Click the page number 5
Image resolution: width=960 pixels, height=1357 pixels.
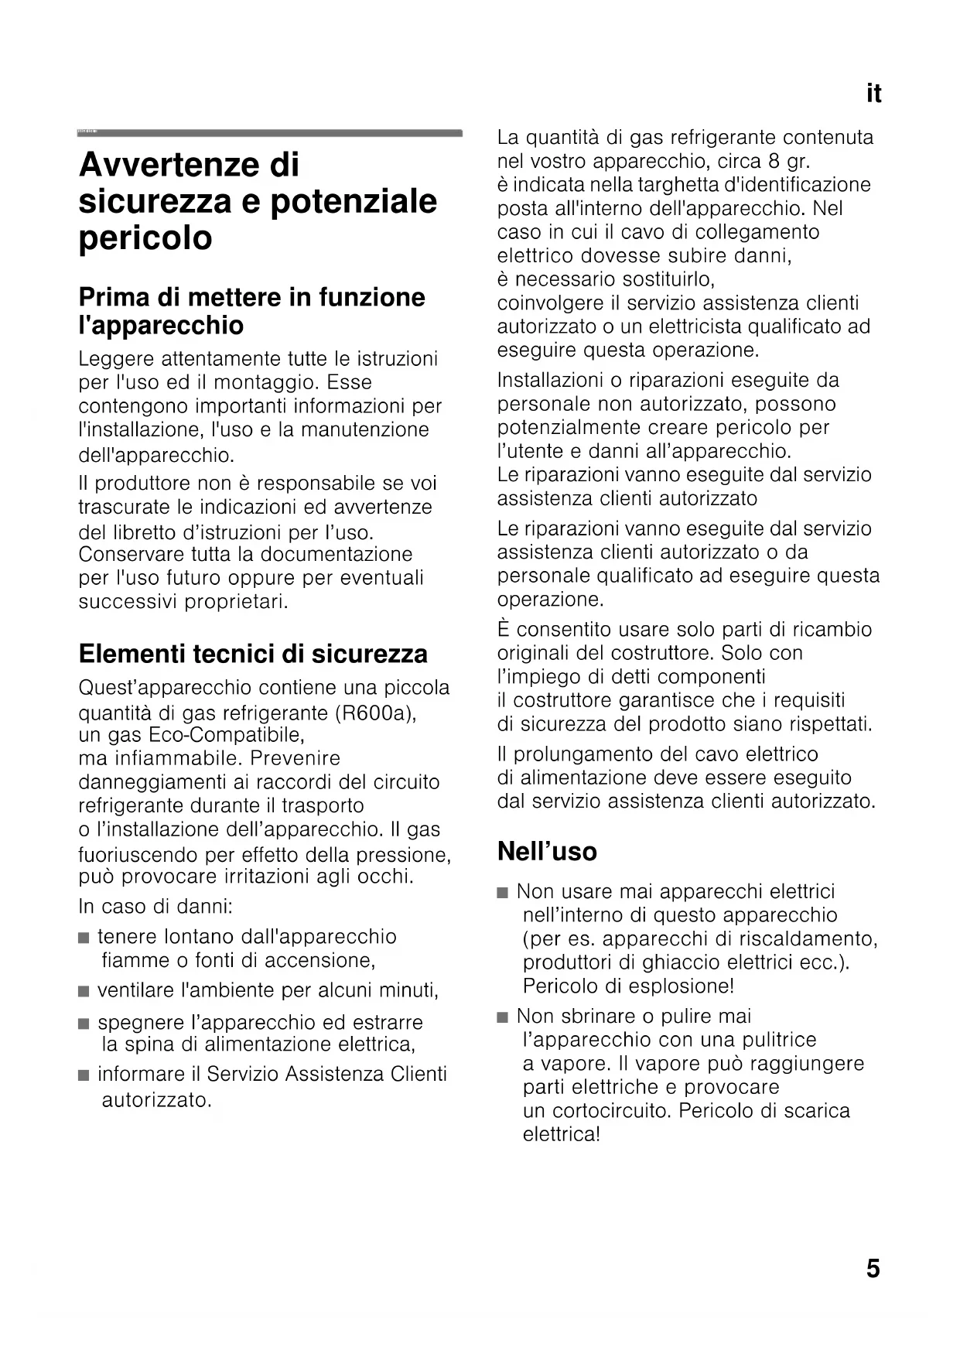tap(873, 1269)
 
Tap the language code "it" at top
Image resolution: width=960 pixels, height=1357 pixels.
tap(873, 94)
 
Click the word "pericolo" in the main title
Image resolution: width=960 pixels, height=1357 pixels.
tap(145, 238)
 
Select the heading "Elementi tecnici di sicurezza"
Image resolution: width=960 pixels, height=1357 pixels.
tap(253, 654)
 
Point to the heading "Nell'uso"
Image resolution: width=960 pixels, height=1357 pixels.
tap(547, 851)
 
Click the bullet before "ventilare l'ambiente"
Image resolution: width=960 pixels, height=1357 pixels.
tap(84, 992)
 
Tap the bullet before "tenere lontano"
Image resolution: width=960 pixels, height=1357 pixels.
tap(84, 938)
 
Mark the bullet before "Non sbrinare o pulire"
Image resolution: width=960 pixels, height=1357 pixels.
tap(504, 1017)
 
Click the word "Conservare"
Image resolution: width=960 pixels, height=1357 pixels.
tap(128, 554)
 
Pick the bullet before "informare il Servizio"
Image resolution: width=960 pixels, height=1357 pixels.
tap(84, 1075)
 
